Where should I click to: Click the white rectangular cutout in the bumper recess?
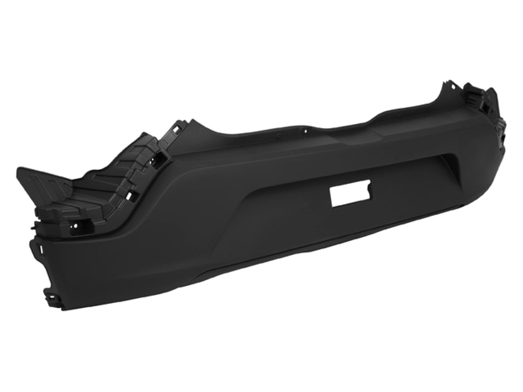tap(351, 195)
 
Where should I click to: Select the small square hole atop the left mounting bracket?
tap(177, 130)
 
